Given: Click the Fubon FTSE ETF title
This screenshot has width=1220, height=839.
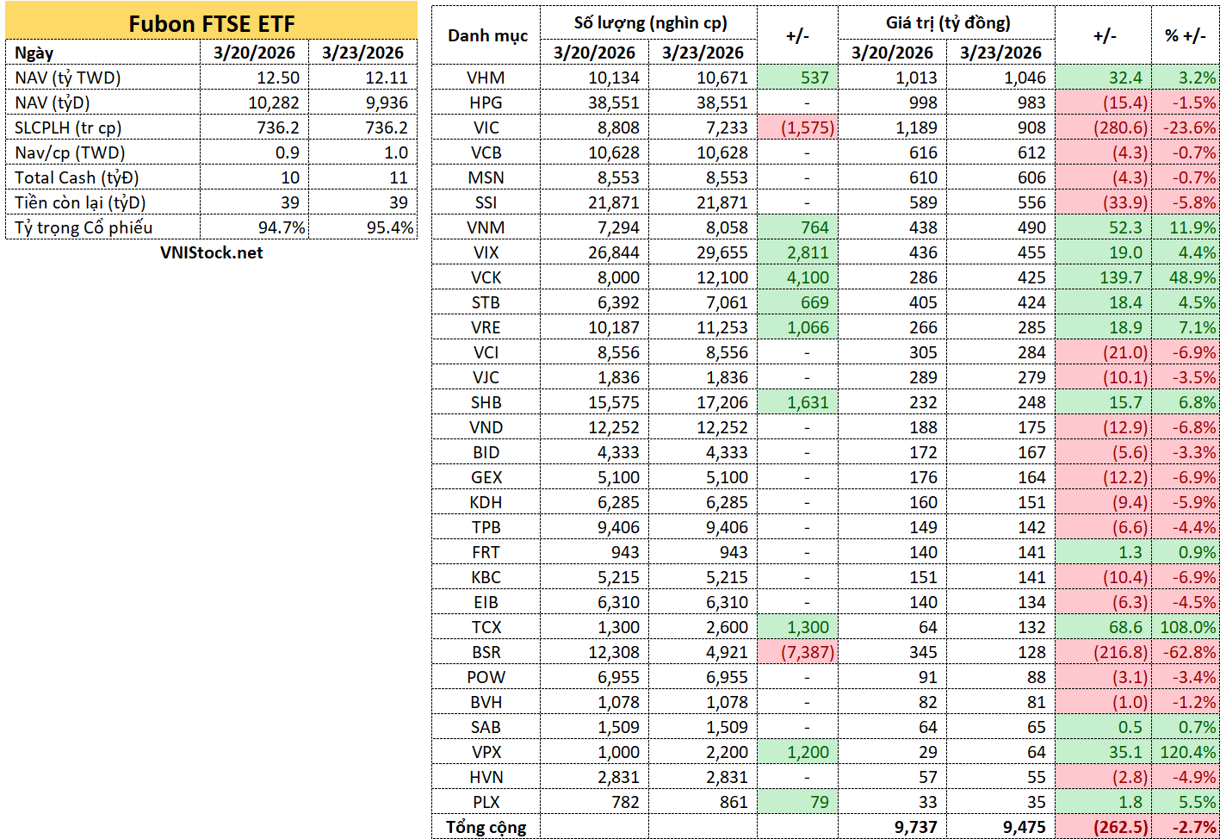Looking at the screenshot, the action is tap(211, 24).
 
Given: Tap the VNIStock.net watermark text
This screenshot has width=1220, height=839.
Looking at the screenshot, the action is tap(211, 252).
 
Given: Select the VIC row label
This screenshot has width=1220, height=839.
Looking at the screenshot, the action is tap(486, 127).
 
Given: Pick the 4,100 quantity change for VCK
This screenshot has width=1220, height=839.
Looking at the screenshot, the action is tap(808, 277).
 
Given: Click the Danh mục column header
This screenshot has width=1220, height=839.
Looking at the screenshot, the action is tap(487, 36).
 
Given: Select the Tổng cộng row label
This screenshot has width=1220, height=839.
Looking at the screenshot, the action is tap(486, 827).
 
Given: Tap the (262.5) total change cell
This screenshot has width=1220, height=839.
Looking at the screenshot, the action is tap(1120, 827).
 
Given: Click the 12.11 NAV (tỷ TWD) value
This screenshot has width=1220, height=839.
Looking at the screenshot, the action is tap(387, 78).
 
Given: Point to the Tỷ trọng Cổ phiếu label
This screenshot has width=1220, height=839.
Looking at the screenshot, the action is tap(84, 227).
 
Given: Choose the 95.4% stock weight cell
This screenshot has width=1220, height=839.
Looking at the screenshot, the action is tap(390, 227).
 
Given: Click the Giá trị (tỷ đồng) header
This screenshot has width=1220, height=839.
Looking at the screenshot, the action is tap(948, 23).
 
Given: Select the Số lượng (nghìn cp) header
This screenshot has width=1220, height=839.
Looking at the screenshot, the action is tap(650, 23).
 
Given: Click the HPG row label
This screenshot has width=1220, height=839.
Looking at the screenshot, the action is tap(486, 103).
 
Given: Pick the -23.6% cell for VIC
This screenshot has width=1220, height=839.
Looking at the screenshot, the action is tap(1190, 127).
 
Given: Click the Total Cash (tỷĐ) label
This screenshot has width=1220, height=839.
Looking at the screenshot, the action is tap(77, 177).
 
